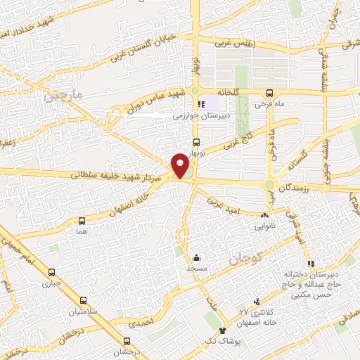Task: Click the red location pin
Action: [181, 166]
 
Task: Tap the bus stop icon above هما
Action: [83, 221]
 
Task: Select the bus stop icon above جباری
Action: [51, 273]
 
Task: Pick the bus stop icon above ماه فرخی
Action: [270, 94]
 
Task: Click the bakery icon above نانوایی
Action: [265, 217]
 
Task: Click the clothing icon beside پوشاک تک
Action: [224, 331]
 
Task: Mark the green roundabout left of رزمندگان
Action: [269, 185]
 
